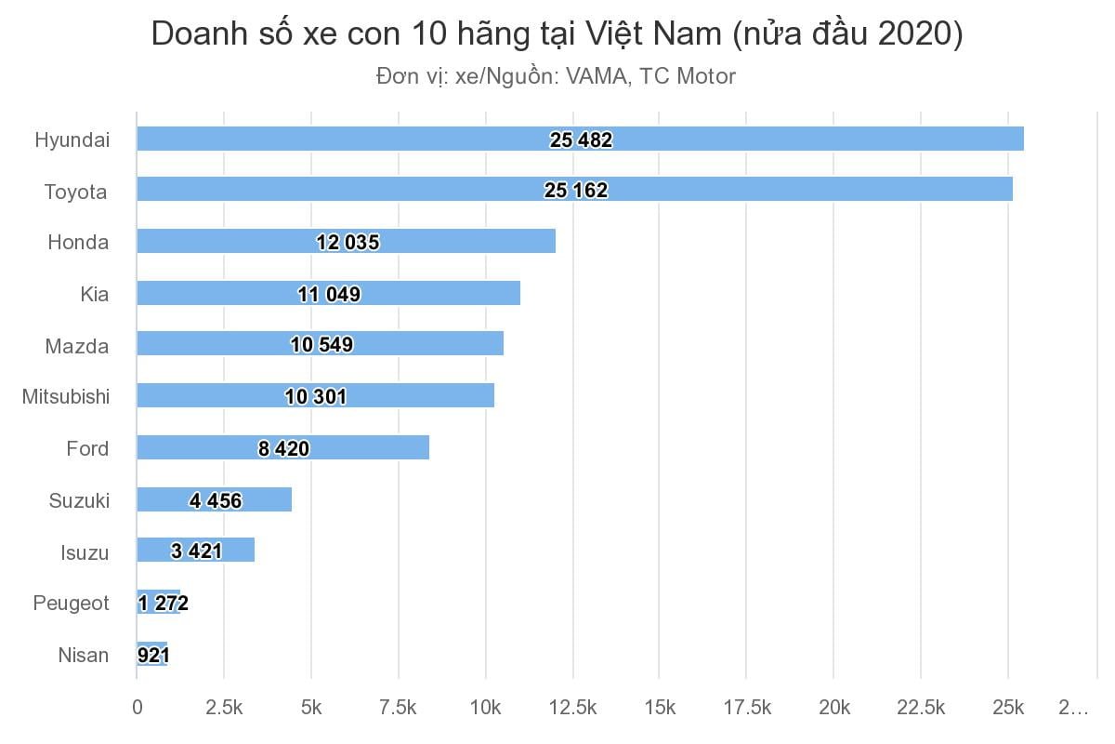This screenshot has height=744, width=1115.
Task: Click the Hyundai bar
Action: pos(580,139)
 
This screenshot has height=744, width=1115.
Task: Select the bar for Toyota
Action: pos(574,190)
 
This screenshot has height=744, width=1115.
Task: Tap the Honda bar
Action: pos(346,242)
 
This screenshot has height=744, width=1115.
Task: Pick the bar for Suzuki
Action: pos(214,500)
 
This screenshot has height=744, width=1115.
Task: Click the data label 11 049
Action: pos(329,295)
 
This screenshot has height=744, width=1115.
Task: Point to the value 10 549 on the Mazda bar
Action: pos(321,346)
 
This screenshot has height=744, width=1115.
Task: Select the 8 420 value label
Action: pos(283,449)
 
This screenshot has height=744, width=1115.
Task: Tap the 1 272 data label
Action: pos(164,604)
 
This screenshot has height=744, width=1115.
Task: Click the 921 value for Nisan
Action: pos(152,656)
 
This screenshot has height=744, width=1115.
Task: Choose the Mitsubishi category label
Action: pos(66,397)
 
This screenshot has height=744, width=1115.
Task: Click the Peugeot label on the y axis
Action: pos(71,604)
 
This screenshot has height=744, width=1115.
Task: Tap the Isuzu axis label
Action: pos(85,552)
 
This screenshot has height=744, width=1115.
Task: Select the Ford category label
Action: pos(87,449)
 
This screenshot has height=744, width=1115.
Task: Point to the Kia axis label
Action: pos(95,294)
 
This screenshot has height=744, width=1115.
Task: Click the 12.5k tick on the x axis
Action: pos(573,708)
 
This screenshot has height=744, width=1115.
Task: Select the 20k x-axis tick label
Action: pos(833,708)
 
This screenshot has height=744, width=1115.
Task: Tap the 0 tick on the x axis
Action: pos(138,708)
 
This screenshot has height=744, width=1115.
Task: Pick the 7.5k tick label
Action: pos(398,708)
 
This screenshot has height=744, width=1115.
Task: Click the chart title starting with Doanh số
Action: pos(557,34)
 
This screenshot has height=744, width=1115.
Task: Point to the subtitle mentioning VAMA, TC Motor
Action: pos(556,76)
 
